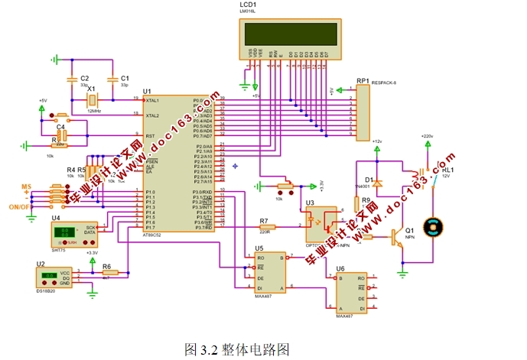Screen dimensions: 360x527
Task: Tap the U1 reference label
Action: (147, 92)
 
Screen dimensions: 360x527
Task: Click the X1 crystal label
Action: (91, 89)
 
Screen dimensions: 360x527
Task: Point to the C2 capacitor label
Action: (85, 78)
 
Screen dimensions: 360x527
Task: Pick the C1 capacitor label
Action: (125, 78)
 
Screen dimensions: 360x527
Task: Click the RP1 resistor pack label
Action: (362, 79)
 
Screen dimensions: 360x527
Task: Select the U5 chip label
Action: (259, 248)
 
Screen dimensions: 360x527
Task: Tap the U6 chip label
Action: (340, 268)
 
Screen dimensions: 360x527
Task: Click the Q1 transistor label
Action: (409, 229)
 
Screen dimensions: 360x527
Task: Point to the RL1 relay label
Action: (447, 169)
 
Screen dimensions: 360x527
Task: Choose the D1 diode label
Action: (369, 180)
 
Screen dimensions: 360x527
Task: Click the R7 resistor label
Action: (264, 221)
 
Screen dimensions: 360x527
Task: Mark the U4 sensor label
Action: (56, 218)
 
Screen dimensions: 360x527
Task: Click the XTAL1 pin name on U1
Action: (153, 100)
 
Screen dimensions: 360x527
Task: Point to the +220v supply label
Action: (427, 136)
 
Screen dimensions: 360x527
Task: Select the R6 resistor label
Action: (106, 268)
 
